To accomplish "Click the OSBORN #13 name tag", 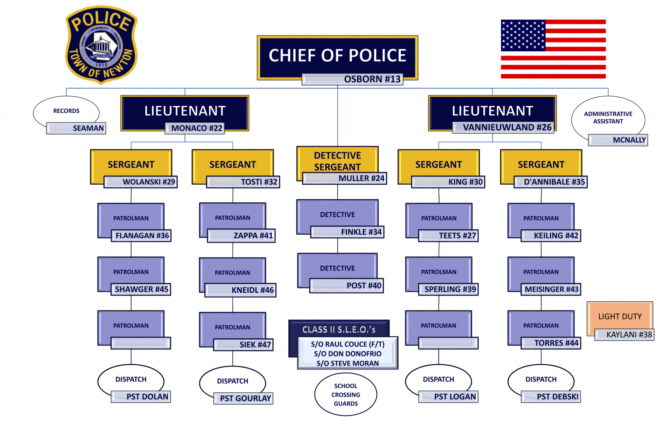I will (x=352, y=79).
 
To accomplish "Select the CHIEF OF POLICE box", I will (x=337, y=55).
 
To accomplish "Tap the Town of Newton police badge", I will (x=101, y=45).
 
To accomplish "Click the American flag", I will (x=553, y=49).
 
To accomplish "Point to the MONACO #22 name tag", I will (x=195, y=128).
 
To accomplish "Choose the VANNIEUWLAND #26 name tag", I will (x=503, y=127).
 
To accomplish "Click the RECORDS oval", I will (x=66, y=111).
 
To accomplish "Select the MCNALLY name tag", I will (x=618, y=140).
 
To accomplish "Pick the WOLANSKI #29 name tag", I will (x=140, y=182).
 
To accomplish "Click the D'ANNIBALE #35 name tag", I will (x=550, y=182).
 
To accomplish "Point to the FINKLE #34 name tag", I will (x=347, y=232).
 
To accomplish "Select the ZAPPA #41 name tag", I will (x=241, y=236).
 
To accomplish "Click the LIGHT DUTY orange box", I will (x=619, y=316).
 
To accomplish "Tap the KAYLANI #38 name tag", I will (x=624, y=334).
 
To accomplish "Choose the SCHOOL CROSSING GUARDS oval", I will (x=346, y=394).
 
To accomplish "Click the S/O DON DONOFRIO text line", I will (x=347, y=354).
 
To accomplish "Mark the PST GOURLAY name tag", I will (x=243, y=398).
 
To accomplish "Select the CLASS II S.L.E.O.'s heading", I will (x=339, y=329).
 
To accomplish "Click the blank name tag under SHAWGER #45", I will (x=140, y=343).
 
